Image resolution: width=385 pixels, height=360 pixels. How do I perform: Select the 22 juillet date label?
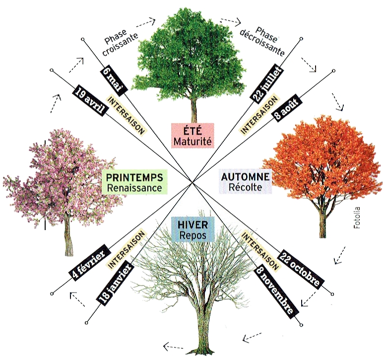(267, 82)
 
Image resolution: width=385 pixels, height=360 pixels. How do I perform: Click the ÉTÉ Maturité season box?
(192, 136)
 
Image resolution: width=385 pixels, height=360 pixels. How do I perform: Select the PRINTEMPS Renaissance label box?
(134, 182)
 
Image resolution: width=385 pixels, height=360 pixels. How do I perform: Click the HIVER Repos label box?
(193, 229)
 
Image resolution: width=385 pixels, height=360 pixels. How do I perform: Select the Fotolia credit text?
(357, 218)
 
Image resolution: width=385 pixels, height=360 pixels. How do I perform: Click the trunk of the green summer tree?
(194, 111)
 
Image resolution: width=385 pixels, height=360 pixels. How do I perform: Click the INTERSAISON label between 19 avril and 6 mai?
(126, 115)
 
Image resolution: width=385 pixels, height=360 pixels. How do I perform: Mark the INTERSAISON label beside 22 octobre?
(260, 250)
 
